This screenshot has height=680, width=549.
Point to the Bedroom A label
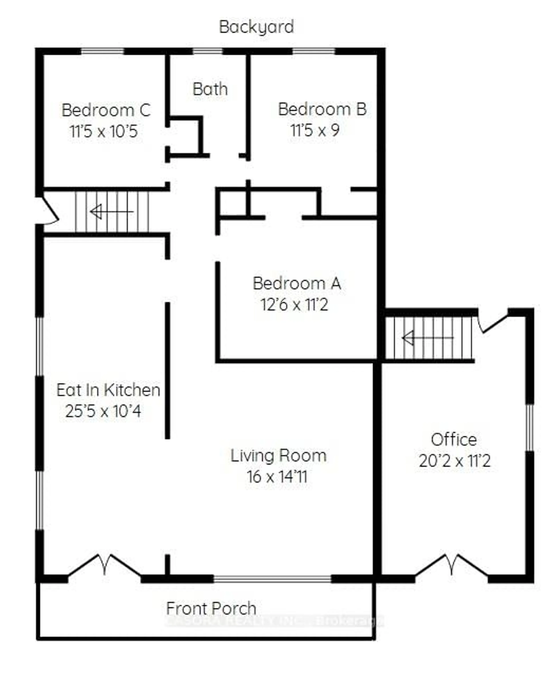(297, 283)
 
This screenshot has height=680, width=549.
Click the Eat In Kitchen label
(108, 390)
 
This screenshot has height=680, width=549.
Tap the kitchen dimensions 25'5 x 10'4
(103, 411)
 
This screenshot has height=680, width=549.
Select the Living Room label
(278, 456)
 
